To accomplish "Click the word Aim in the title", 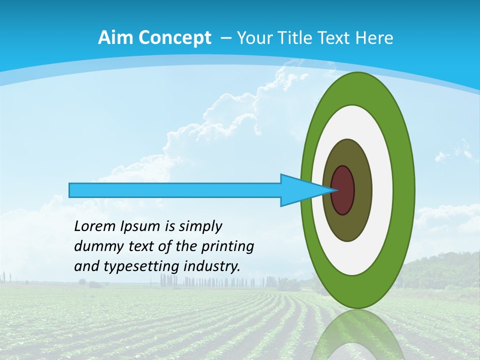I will coord(115,37).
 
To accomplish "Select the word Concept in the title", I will coord(174,37).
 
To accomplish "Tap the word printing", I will coord(227,246).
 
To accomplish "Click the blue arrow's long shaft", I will coord(175,190).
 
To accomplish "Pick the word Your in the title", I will coord(253,37).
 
